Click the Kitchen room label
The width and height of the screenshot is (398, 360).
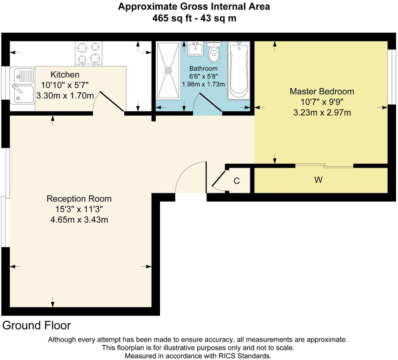[x=65, y=75]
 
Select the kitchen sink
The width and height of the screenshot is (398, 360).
[x=22, y=85]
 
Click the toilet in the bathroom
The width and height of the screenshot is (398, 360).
[x=213, y=52]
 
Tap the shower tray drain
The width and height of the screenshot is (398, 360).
[x=168, y=71]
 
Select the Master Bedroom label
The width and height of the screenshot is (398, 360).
[x=322, y=91]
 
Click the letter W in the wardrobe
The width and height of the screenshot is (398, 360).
[x=318, y=180]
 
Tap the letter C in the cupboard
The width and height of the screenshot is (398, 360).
[x=237, y=181]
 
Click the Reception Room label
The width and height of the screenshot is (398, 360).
[x=79, y=199]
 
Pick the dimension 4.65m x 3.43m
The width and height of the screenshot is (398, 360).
[x=79, y=220]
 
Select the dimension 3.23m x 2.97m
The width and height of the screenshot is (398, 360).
[x=322, y=113]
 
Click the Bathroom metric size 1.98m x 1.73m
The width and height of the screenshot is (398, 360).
[x=203, y=84]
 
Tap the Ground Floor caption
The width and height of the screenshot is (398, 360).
[x=37, y=325]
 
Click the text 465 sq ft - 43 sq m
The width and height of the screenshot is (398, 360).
[x=194, y=18]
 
